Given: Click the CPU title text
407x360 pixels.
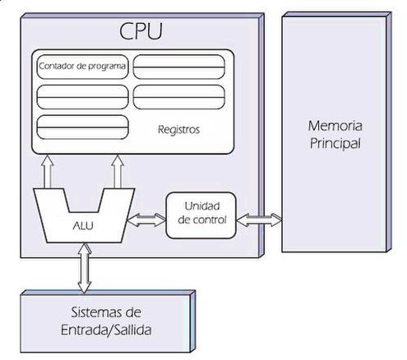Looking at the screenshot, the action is [141, 30].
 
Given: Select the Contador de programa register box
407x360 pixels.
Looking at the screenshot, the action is [82, 67].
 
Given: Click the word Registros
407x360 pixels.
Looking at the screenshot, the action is [178, 129].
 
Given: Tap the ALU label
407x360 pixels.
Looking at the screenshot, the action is [83, 225].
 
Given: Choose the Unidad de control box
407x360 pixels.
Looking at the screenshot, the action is [201, 215].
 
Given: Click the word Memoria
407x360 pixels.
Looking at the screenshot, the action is [335, 126].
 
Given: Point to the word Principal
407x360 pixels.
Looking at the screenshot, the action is [335, 144].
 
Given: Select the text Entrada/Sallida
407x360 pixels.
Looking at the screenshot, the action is [106, 330].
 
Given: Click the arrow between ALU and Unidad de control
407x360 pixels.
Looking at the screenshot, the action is [146, 220].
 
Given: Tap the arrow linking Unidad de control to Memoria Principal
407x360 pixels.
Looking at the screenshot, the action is [259, 219].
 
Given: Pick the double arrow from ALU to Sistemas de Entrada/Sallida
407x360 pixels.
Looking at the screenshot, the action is [85, 268].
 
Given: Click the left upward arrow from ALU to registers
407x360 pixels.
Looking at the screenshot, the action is [47, 171].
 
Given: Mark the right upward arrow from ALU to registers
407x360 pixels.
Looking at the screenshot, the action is [118, 171].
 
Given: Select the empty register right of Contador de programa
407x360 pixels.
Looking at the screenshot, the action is [179, 67].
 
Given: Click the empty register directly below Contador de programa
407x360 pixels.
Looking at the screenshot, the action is [82, 97].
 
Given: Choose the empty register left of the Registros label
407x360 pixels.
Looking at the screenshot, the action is [82, 127].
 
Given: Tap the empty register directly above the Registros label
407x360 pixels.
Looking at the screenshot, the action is [179, 97].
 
